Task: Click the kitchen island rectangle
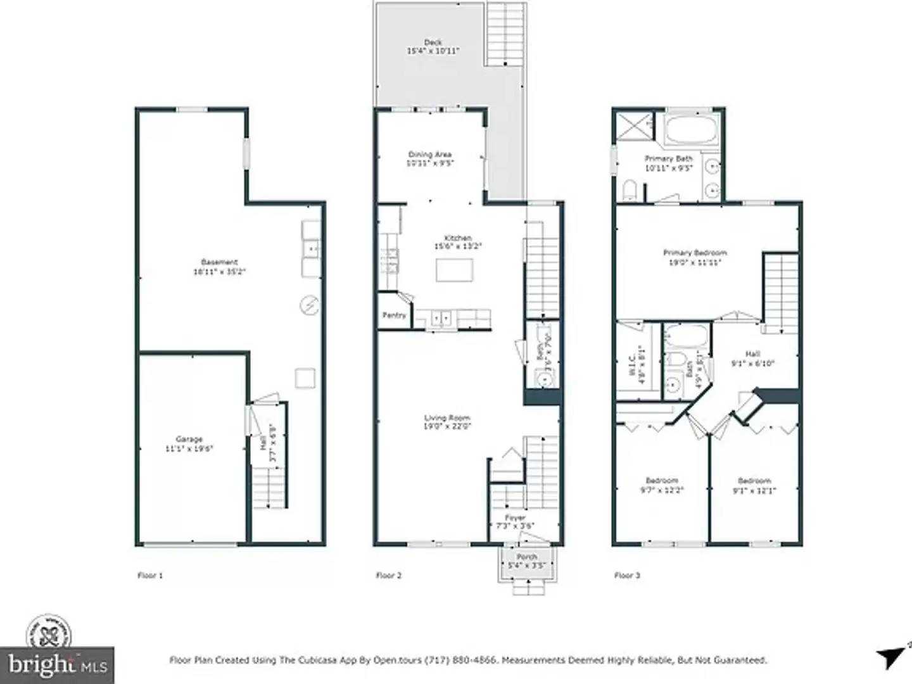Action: (454, 270)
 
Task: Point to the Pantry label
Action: (394, 315)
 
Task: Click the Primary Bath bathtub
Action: (691, 130)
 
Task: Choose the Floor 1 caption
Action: (150, 575)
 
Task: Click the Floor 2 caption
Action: (388, 575)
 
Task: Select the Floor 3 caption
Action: (627, 575)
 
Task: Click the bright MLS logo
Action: (57, 664)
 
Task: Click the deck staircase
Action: (505, 35)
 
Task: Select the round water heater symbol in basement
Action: (309, 306)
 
